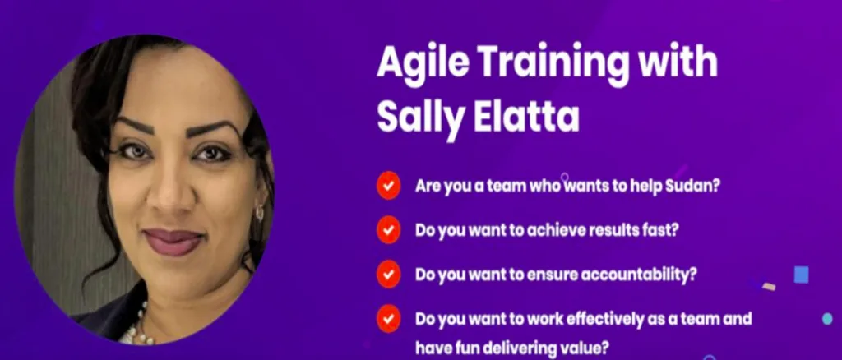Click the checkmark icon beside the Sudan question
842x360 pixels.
tap(388, 185)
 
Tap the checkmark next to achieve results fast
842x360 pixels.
tap(388, 229)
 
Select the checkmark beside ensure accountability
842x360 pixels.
tap(388, 275)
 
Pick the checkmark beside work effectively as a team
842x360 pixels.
tap(388, 319)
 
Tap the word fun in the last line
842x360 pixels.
tap(468, 348)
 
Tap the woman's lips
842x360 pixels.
tap(173, 242)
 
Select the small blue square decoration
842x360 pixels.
tap(801, 275)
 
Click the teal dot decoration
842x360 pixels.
tap(827, 319)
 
